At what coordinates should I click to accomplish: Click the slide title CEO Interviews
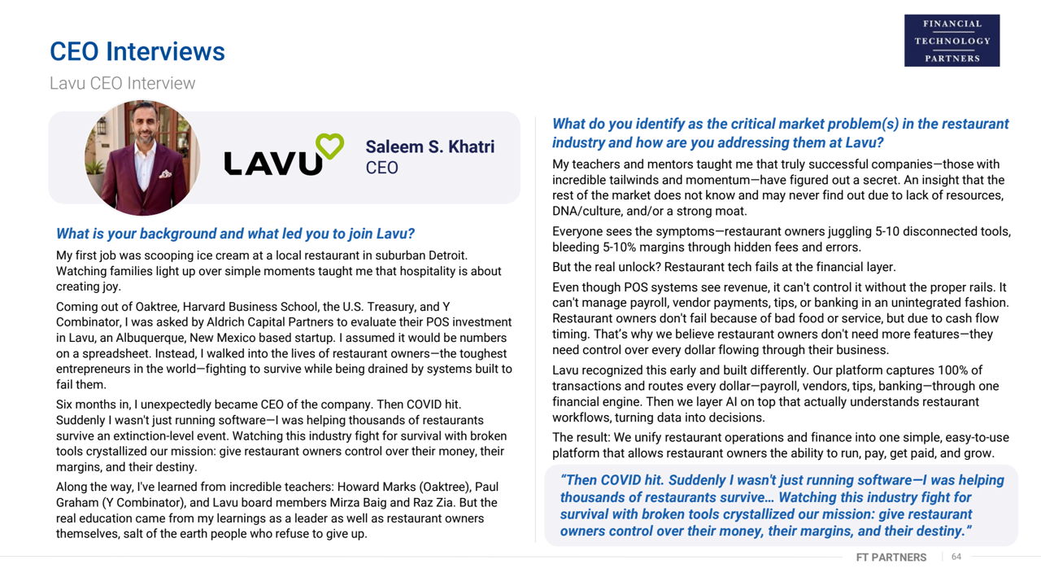pyautogui.click(x=137, y=51)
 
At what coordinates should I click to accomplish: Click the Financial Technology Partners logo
pyautogui.click(x=952, y=41)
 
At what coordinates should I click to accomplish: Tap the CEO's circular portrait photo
pyautogui.click(x=142, y=157)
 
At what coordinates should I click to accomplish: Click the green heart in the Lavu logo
pyautogui.click(x=329, y=146)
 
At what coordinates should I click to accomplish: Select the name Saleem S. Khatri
pyautogui.click(x=429, y=147)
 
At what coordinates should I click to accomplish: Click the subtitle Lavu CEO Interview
pyautogui.click(x=122, y=83)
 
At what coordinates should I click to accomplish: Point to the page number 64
pyautogui.click(x=956, y=557)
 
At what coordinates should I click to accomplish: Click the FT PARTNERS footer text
pyautogui.click(x=891, y=558)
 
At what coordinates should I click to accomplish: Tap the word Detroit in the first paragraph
pyautogui.click(x=444, y=256)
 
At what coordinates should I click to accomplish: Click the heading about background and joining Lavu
pyautogui.click(x=235, y=234)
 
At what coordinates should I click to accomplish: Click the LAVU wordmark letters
pyautogui.click(x=273, y=162)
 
